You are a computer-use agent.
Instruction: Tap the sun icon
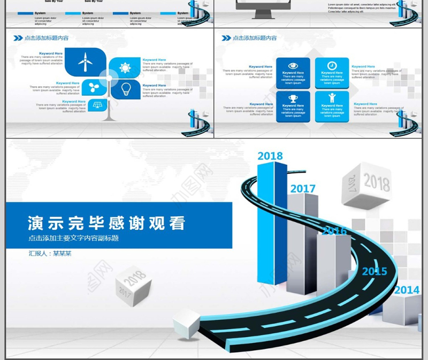pyautogui.click(x=125, y=68)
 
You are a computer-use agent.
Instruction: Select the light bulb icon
pyautogui.click(x=126, y=88)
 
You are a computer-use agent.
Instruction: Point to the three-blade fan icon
pyautogui.click(x=94, y=87)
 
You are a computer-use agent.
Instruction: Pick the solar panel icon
pyautogui.click(x=97, y=105)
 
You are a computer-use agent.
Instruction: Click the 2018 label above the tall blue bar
pyautogui.click(x=270, y=156)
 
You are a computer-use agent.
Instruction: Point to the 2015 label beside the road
pyautogui.click(x=374, y=272)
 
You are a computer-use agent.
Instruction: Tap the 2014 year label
pyautogui.click(x=407, y=290)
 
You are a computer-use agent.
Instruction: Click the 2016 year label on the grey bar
pyautogui.click(x=334, y=231)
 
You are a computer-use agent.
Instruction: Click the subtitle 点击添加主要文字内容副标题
pyautogui.click(x=73, y=238)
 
